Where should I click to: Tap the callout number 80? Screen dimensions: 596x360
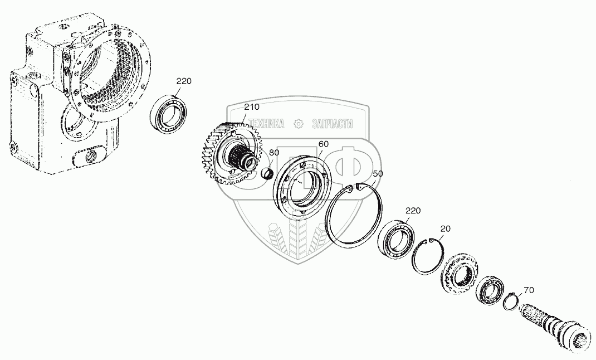point(274,153)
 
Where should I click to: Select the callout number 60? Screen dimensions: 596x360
point(324,144)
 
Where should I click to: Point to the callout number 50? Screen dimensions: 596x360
point(378,174)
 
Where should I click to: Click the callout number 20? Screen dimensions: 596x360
point(445,229)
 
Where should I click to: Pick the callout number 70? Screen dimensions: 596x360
point(529,290)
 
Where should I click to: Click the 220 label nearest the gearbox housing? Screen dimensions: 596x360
point(184,81)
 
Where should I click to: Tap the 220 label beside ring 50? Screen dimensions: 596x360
point(413,210)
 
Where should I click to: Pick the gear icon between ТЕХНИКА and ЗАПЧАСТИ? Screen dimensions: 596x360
point(299,124)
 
